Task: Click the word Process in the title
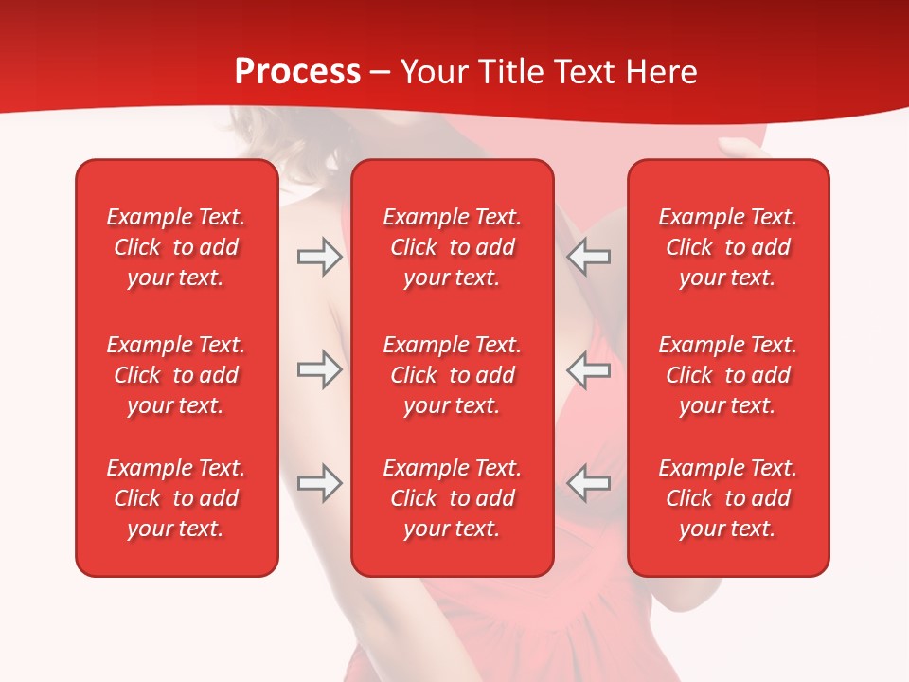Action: click(297, 72)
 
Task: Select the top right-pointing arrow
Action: click(319, 257)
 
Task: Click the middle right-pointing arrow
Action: click(319, 370)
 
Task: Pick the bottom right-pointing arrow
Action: click(319, 483)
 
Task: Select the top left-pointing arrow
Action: click(588, 257)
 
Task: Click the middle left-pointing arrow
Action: click(588, 370)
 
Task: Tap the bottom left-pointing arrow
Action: click(588, 483)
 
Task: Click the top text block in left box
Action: click(176, 247)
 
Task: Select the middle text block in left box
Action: click(176, 375)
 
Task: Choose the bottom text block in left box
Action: click(176, 498)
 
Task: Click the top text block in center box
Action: click(453, 247)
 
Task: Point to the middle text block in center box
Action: click(453, 375)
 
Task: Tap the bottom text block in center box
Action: click(453, 498)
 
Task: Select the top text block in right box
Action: click(728, 247)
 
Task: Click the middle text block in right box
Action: click(728, 375)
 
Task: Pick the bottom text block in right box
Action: click(728, 498)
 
